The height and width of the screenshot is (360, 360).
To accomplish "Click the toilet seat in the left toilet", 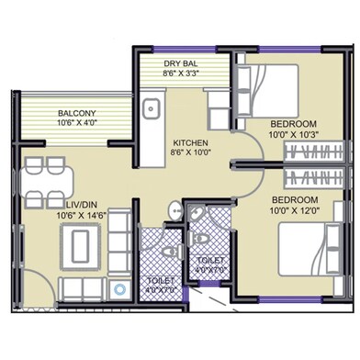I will [166, 249].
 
